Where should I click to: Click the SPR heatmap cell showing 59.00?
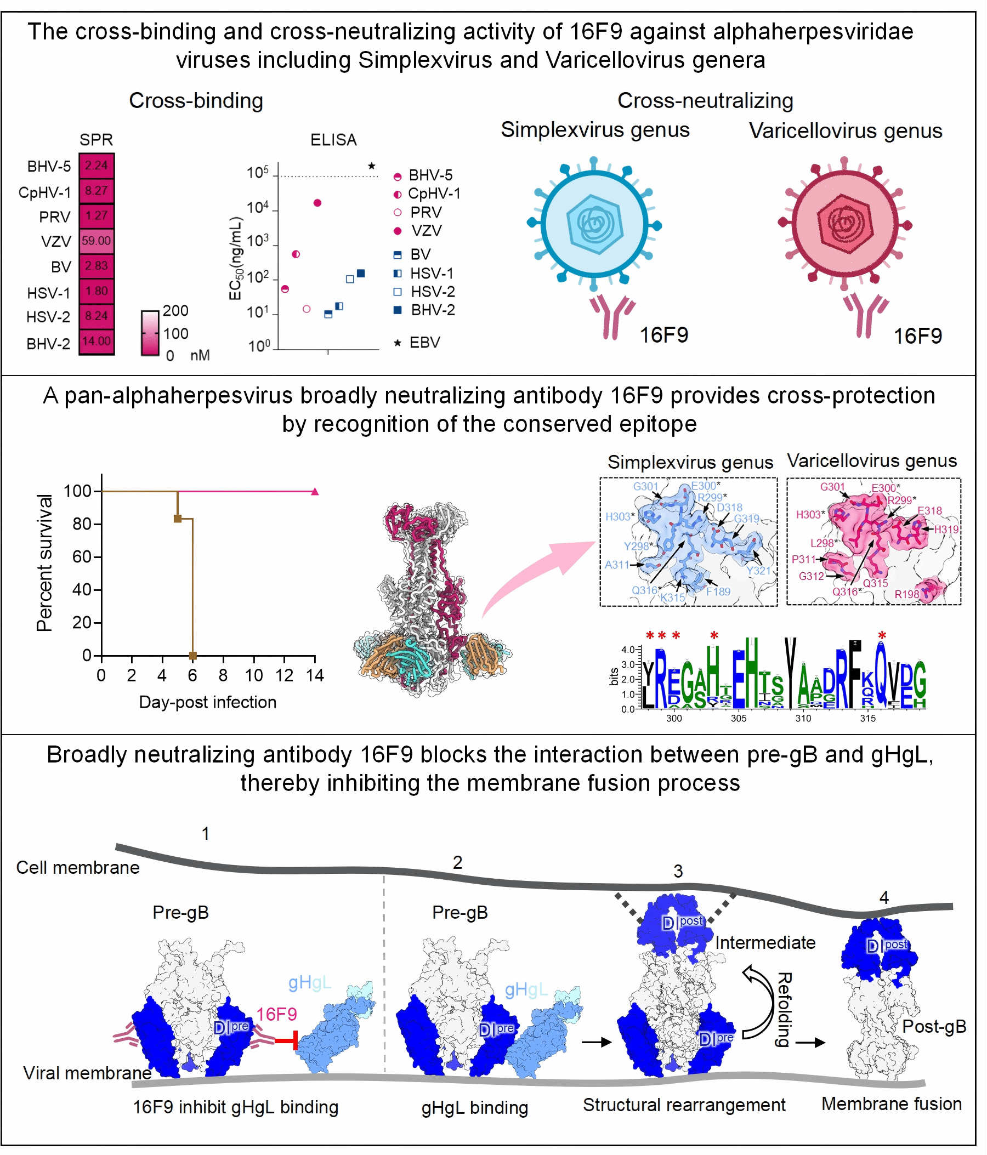pos(97,241)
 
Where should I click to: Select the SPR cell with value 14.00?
pos(97,340)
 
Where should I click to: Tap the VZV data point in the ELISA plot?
pos(317,203)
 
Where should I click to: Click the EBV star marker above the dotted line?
pos(372,166)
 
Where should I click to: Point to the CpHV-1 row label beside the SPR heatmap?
pos(44,192)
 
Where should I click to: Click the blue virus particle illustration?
pos(595,224)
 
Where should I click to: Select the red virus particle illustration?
pos(844,224)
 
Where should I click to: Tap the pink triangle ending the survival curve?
pos(315,492)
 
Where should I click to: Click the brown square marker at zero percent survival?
pos(193,656)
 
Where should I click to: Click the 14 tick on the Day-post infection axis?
pos(315,675)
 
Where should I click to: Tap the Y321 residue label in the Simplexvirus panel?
pos(758,570)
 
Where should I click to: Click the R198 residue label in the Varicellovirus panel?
pos(907,594)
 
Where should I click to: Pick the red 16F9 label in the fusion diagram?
pos(276,1015)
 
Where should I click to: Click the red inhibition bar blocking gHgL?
pos(287,1041)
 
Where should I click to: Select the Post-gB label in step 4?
pos(934,1027)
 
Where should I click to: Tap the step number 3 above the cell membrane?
pos(678,871)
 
